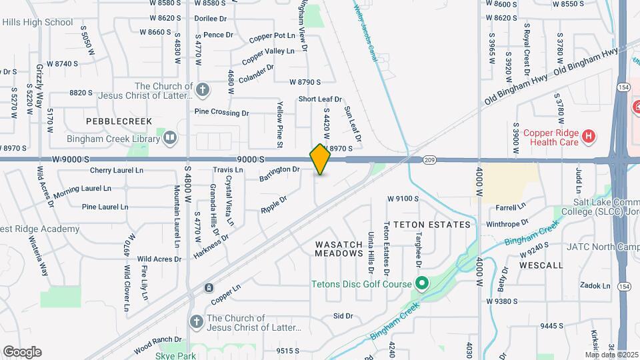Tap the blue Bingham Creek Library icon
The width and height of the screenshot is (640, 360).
coord(170,138)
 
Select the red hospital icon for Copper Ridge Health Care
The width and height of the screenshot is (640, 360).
coord(588,137)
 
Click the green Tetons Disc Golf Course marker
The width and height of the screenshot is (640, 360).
coord(421,285)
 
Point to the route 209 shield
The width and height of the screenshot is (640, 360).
coord(429,160)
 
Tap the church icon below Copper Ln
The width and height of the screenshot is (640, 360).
coord(196,322)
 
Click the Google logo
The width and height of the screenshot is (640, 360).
coord(22,352)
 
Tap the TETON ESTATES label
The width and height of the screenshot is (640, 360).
coord(431,225)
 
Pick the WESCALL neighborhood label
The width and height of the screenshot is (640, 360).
coord(541,265)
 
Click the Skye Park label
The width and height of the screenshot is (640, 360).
coord(176,356)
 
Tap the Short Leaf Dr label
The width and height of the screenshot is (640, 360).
coord(320,99)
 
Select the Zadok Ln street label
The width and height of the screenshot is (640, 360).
coord(595,285)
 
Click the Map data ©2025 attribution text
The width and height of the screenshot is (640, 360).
coord(611,355)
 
